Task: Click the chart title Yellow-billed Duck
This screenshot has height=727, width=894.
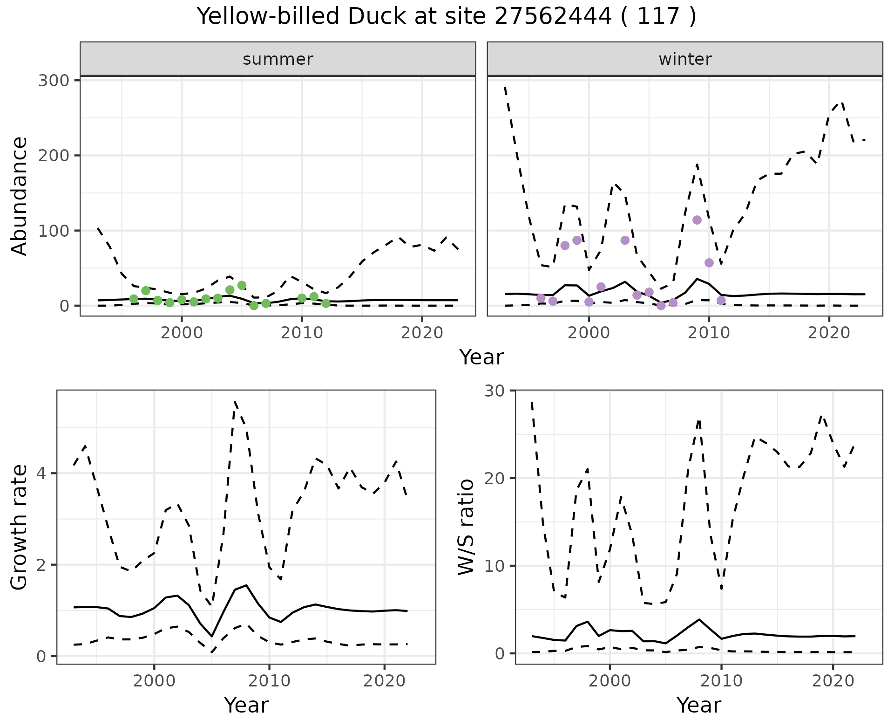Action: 446,17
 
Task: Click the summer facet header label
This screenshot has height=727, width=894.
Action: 278,59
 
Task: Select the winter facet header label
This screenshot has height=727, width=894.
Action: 685,59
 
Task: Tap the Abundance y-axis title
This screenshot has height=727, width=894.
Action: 20,196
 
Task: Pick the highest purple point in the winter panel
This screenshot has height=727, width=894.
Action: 697,220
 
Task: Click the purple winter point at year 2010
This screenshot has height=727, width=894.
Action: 709,263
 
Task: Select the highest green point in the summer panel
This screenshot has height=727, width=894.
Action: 242,285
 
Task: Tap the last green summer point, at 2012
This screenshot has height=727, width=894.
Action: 326,303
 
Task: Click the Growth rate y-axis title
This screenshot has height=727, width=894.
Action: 20,528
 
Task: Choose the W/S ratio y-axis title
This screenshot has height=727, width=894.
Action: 466,527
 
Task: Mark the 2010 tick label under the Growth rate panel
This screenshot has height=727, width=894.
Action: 269,681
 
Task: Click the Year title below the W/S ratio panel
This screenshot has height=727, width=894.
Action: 698,705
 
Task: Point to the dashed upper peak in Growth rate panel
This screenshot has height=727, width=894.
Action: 235,402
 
